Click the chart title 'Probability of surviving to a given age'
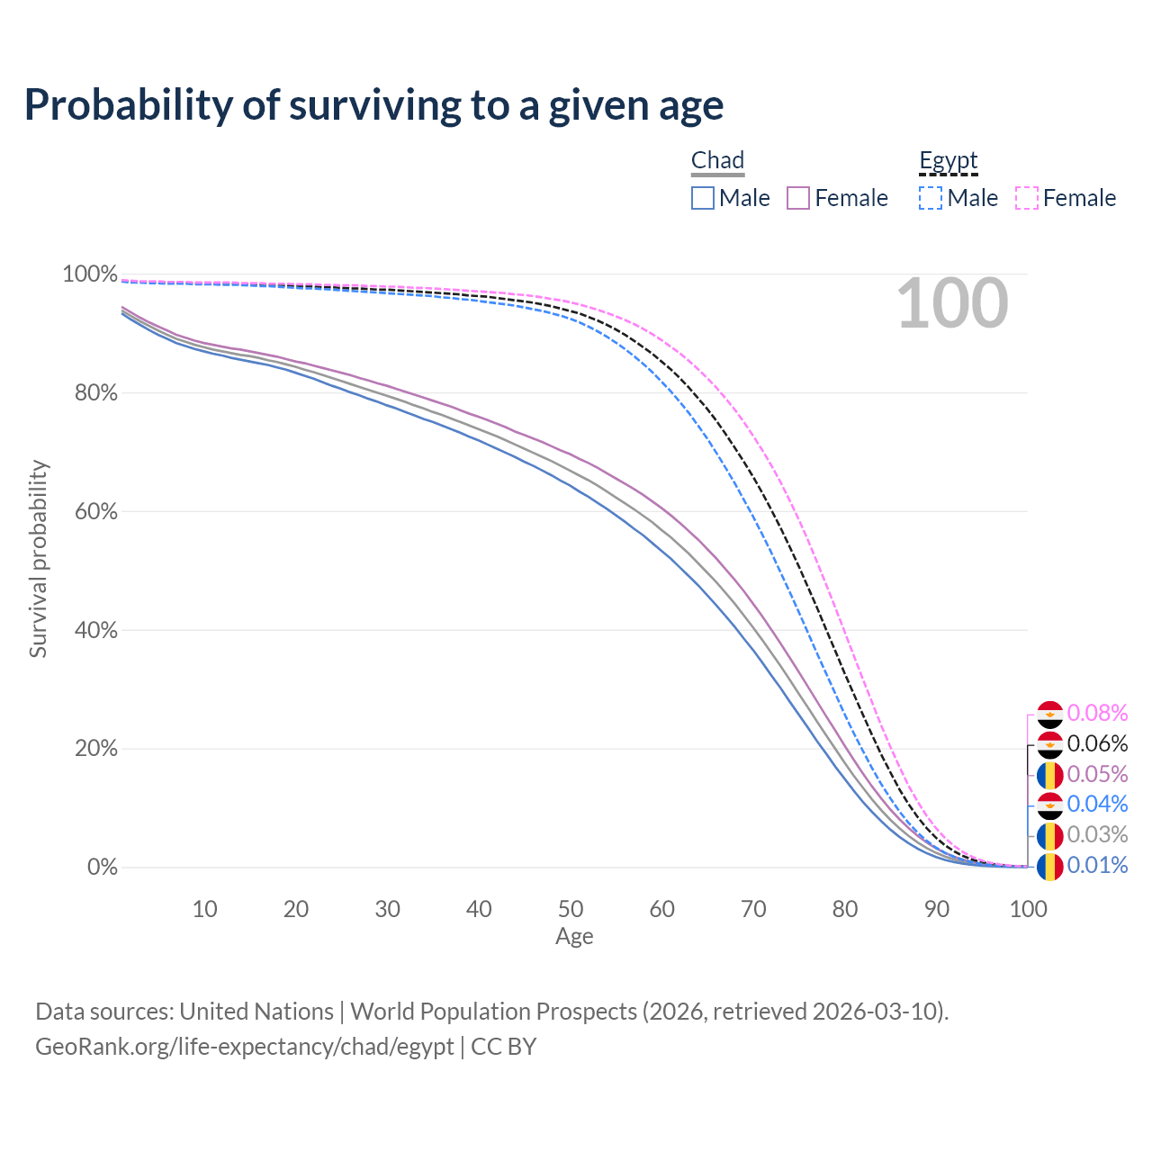pyautogui.click(x=373, y=105)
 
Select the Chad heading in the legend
pyautogui.click(x=717, y=160)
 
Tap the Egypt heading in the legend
pyautogui.click(x=948, y=160)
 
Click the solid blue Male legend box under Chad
pyautogui.click(x=703, y=198)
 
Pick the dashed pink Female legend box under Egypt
pyautogui.click(x=1027, y=198)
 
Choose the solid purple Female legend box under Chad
pyautogui.click(x=798, y=198)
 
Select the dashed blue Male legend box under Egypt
pyautogui.click(x=931, y=198)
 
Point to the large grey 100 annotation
pyautogui.click(x=952, y=304)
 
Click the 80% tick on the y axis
pyautogui.click(x=89, y=392)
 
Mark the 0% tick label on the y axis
pyautogui.click(x=102, y=868)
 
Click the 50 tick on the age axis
pyautogui.click(x=571, y=909)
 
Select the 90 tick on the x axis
pyautogui.click(x=937, y=909)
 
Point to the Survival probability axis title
pyautogui.click(x=38, y=559)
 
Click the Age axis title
pyautogui.click(x=574, y=937)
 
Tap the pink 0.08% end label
pyautogui.click(x=1097, y=714)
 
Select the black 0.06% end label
pyautogui.click(x=1097, y=744)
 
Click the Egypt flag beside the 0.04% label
pyautogui.click(x=1049, y=805)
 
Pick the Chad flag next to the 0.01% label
pyautogui.click(x=1049, y=867)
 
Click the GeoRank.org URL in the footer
pyautogui.click(x=244, y=1047)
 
